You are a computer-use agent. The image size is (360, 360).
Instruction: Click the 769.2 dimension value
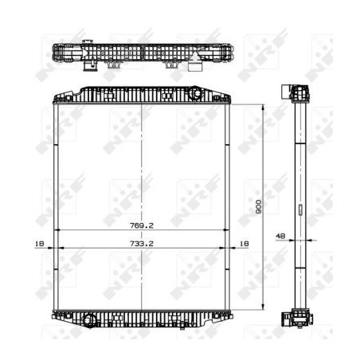pos(142,225)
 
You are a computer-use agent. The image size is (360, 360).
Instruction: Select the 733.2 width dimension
pos(142,244)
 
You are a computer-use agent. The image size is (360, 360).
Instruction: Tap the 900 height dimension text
pos(258,207)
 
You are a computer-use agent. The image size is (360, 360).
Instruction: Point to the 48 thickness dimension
pos(280,236)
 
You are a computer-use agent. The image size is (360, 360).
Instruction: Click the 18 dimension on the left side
pos(39,244)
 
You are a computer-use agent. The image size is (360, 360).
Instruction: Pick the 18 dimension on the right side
pos(244,244)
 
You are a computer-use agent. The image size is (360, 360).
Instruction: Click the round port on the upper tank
pos(197,93)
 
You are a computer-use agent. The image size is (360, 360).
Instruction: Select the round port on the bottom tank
pos(88,319)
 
